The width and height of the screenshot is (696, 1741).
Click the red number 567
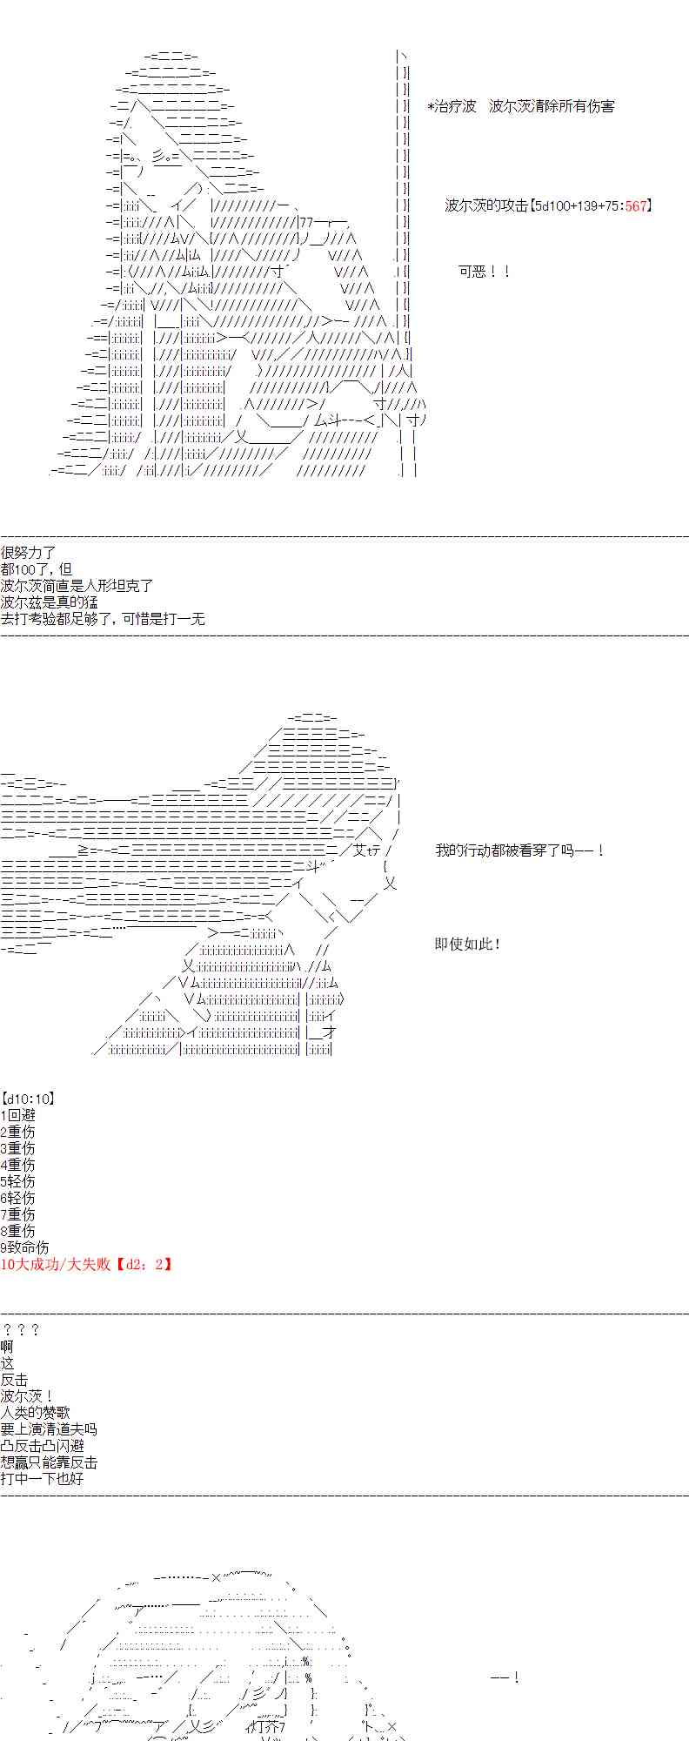click(x=636, y=205)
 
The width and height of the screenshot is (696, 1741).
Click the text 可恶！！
click(x=484, y=272)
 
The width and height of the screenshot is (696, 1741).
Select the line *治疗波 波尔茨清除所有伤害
click(x=520, y=106)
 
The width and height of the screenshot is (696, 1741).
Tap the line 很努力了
click(x=29, y=553)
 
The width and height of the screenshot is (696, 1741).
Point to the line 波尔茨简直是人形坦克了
click(x=77, y=586)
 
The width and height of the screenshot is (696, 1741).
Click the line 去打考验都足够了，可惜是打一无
click(x=103, y=619)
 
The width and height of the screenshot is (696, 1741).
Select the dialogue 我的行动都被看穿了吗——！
click(x=519, y=850)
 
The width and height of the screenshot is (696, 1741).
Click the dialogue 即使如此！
click(x=468, y=944)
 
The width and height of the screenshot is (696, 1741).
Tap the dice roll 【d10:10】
click(x=30, y=1099)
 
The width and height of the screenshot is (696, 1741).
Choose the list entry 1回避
click(x=18, y=1115)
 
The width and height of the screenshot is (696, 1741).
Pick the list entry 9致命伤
click(x=24, y=1247)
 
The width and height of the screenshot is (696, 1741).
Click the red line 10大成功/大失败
click(x=55, y=1264)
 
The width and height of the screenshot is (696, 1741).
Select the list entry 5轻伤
click(x=18, y=1181)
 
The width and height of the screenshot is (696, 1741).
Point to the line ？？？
click(x=21, y=1330)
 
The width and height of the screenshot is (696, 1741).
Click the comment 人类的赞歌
click(x=36, y=1413)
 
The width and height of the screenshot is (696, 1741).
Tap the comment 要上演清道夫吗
click(x=49, y=1429)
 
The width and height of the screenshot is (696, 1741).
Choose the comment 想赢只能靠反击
click(x=49, y=1462)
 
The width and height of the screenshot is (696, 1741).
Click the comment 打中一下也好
click(x=42, y=1479)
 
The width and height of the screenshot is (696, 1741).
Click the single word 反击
click(x=15, y=1380)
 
